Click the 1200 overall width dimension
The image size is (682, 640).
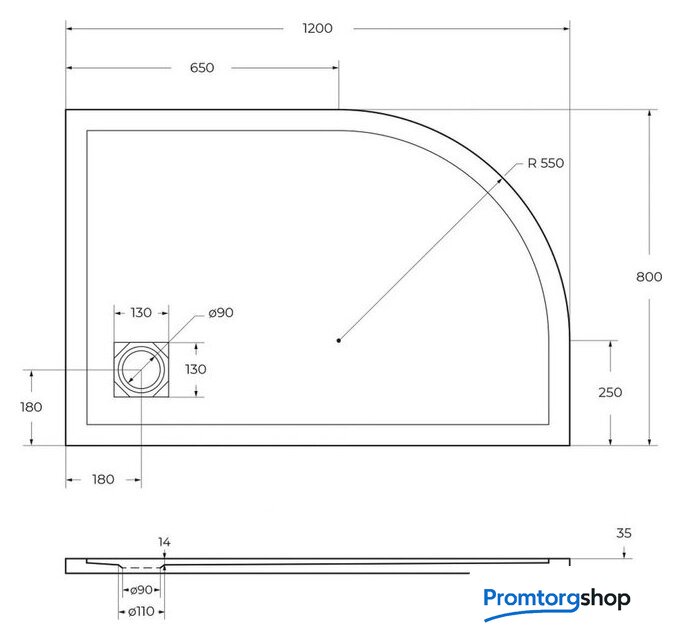(x=318, y=28)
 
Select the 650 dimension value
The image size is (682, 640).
(x=202, y=67)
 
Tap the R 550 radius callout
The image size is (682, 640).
(x=545, y=163)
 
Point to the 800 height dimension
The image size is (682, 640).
(x=649, y=277)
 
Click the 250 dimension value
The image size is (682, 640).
(x=610, y=392)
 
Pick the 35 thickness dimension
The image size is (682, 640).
(x=624, y=533)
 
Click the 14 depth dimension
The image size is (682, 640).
(x=164, y=542)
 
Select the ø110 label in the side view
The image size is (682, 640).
(x=141, y=612)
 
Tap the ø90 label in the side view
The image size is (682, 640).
(x=141, y=590)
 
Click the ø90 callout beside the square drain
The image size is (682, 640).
(x=221, y=313)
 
